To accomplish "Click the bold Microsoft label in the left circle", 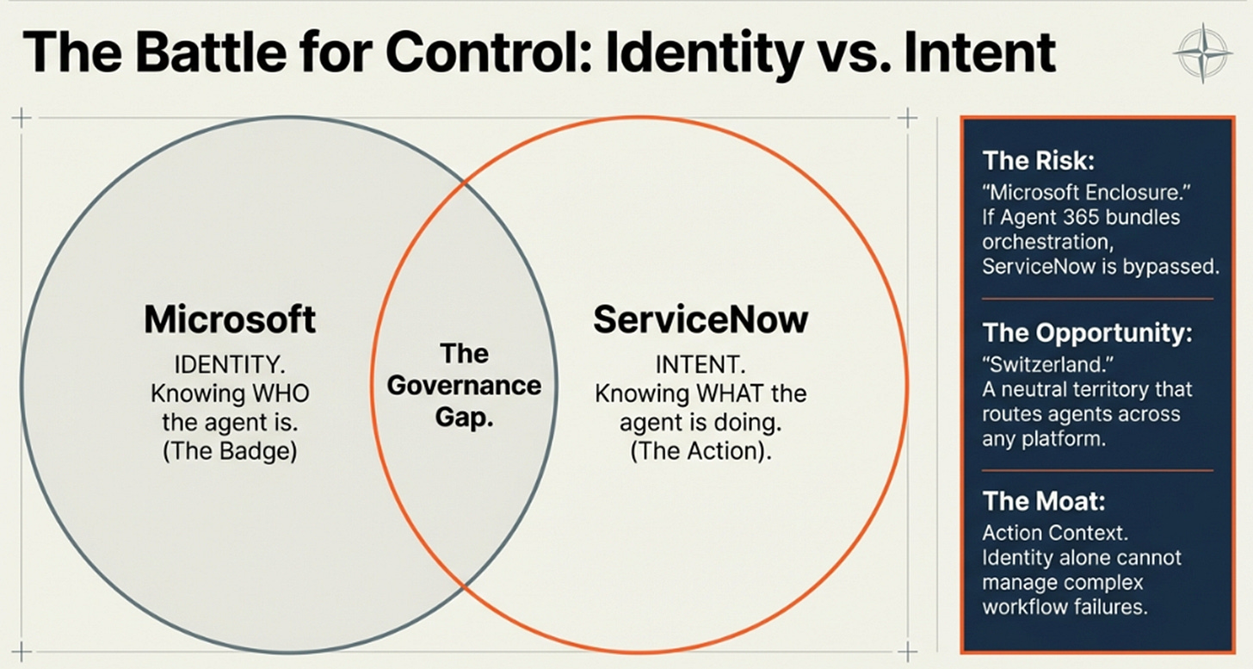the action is pos(230,320).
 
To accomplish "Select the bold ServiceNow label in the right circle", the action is pos(701,320).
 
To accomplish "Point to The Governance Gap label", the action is pos(464,385).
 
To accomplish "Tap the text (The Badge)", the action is pos(230,451).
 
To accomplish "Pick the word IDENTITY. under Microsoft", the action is pos(230,364).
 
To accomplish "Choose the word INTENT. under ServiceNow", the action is pos(701,364).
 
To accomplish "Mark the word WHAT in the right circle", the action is pos(732,393).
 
